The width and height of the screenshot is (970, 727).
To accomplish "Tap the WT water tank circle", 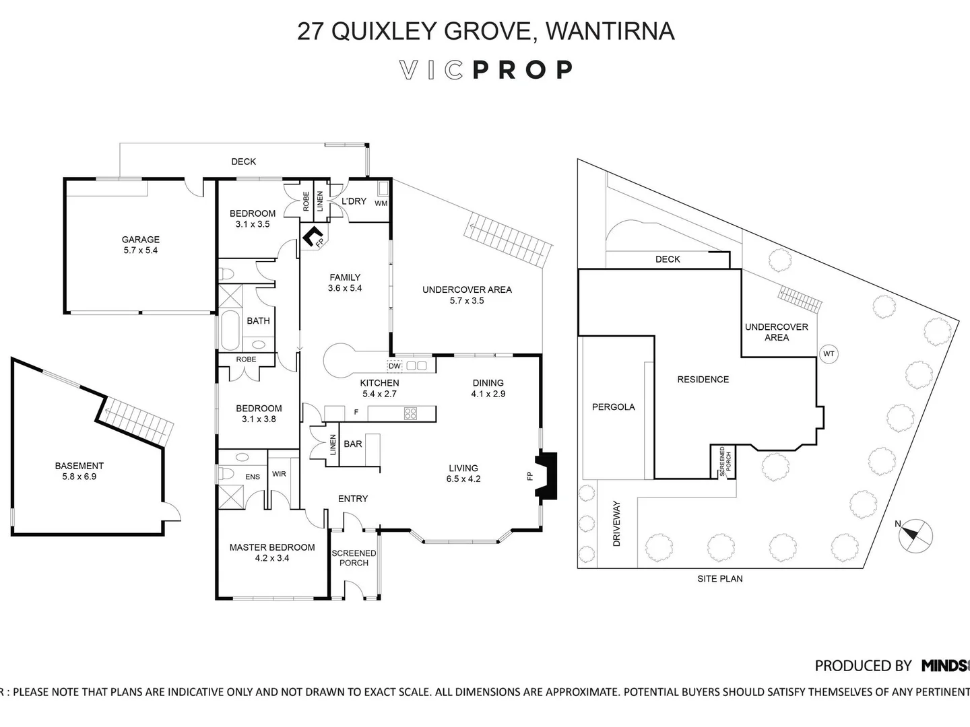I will [x=829, y=353].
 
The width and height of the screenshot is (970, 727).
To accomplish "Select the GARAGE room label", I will [x=140, y=239].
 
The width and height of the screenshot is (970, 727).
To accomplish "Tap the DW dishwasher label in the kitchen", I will [x=394, y=366].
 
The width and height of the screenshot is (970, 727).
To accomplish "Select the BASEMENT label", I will [x=79, y=465].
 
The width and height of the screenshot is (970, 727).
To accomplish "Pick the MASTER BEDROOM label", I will [x=271, y=547].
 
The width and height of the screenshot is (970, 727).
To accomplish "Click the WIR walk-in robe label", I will [x=279, y=474].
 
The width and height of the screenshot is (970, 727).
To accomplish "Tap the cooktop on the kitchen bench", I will [x=410, y=413].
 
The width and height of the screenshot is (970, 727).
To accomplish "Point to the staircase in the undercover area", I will [x=509, y=242].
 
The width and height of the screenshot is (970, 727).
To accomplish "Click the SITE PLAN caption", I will [x=719, y=578].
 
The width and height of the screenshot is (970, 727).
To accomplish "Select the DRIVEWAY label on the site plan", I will [x=616, y=523].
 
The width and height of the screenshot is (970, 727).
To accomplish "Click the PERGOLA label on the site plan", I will [x=613, y=407].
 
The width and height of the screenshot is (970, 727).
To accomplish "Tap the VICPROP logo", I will [x=486, y=70].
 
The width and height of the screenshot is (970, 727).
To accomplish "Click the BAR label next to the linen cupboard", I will [x=353, y=444].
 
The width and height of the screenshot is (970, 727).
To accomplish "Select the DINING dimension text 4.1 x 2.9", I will [x=488, y=394].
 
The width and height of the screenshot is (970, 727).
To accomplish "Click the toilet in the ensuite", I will [x=226, y=474].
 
